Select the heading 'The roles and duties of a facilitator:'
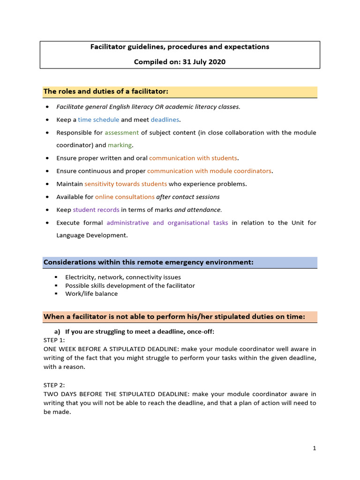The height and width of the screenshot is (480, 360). [x=105, y=91]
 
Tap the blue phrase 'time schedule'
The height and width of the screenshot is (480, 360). [x=98, y=120]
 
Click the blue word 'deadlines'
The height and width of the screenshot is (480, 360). [x=165, y=120]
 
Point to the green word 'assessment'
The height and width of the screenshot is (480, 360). [x=121, y=133]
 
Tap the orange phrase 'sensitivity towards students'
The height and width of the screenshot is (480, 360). [x=126, y=184]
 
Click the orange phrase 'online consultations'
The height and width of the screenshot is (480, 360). [x=125, y=197]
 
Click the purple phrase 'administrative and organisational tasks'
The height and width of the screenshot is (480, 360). [x=167, y=223]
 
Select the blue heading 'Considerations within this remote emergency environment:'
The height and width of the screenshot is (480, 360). [x=148, y=262]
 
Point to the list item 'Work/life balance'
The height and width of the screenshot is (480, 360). [x=91, y=294]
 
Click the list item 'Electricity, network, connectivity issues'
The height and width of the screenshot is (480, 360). [x=123, y=277]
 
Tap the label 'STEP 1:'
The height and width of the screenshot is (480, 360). [x=54, y=340]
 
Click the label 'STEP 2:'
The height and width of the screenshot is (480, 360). [x=54, y=385]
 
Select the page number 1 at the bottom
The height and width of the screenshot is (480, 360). [x=315, y=449]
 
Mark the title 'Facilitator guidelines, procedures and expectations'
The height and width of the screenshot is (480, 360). [x=180, y=47]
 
